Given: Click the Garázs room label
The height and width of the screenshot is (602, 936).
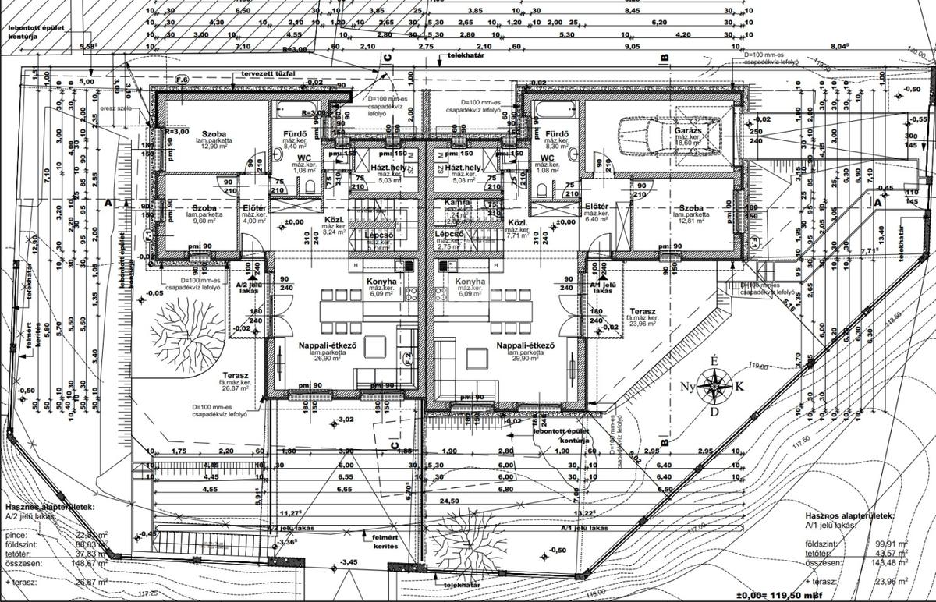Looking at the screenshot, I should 690,132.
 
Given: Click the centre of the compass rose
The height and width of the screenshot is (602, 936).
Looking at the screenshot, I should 714,384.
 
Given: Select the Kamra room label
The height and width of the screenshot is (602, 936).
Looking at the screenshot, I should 457,202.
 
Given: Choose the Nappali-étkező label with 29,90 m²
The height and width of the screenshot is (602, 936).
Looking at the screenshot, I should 525,345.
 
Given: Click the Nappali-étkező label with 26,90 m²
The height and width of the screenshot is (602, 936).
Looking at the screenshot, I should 327,345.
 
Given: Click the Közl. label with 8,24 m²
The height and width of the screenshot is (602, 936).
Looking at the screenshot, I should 335,221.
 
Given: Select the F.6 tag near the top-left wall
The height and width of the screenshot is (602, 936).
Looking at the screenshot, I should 182,80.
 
